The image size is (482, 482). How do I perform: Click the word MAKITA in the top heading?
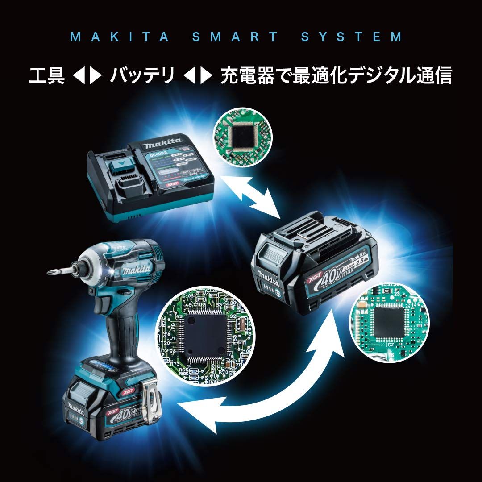[120, 37]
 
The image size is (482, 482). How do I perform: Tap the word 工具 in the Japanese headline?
[44, 76]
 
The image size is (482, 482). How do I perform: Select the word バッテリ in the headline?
[142, 76]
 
